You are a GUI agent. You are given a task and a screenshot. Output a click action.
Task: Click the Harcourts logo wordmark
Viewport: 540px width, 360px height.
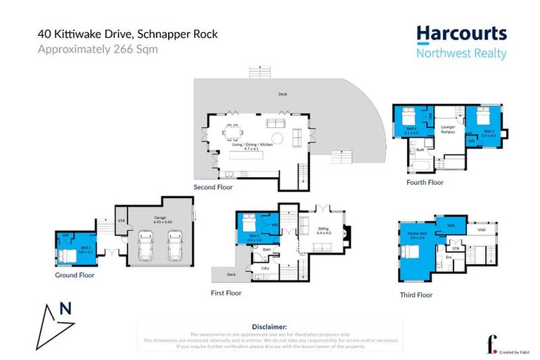click(x=461, y=33)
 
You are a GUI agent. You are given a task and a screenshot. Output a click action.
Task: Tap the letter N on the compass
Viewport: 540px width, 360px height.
click(x=65, y=308)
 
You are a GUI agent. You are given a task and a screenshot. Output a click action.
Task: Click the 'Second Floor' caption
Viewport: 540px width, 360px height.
click(x=213, y=188)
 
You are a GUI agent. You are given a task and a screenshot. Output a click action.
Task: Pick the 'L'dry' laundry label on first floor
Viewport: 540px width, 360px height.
click(x=266, y=268)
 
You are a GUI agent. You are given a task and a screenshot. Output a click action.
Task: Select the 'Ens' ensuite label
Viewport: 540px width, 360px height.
click(x=448, y=257)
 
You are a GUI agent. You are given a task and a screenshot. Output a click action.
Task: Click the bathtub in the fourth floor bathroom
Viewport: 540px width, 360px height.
click(x=420, y=165)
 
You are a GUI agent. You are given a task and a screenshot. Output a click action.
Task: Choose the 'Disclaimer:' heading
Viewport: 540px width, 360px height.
click(x=270, y=327)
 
